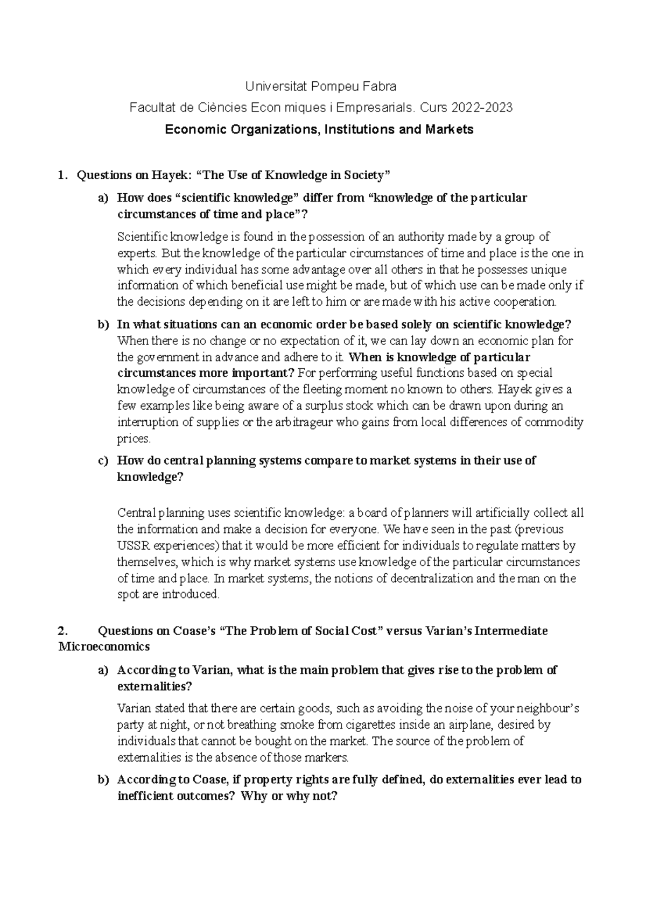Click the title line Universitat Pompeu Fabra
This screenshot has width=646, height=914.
[321, 86]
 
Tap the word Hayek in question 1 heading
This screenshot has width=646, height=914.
[176, 175]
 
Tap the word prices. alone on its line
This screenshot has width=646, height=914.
[134, 439]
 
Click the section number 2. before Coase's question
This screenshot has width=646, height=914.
[63, 631]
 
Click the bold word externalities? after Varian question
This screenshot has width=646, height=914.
[154, 687]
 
